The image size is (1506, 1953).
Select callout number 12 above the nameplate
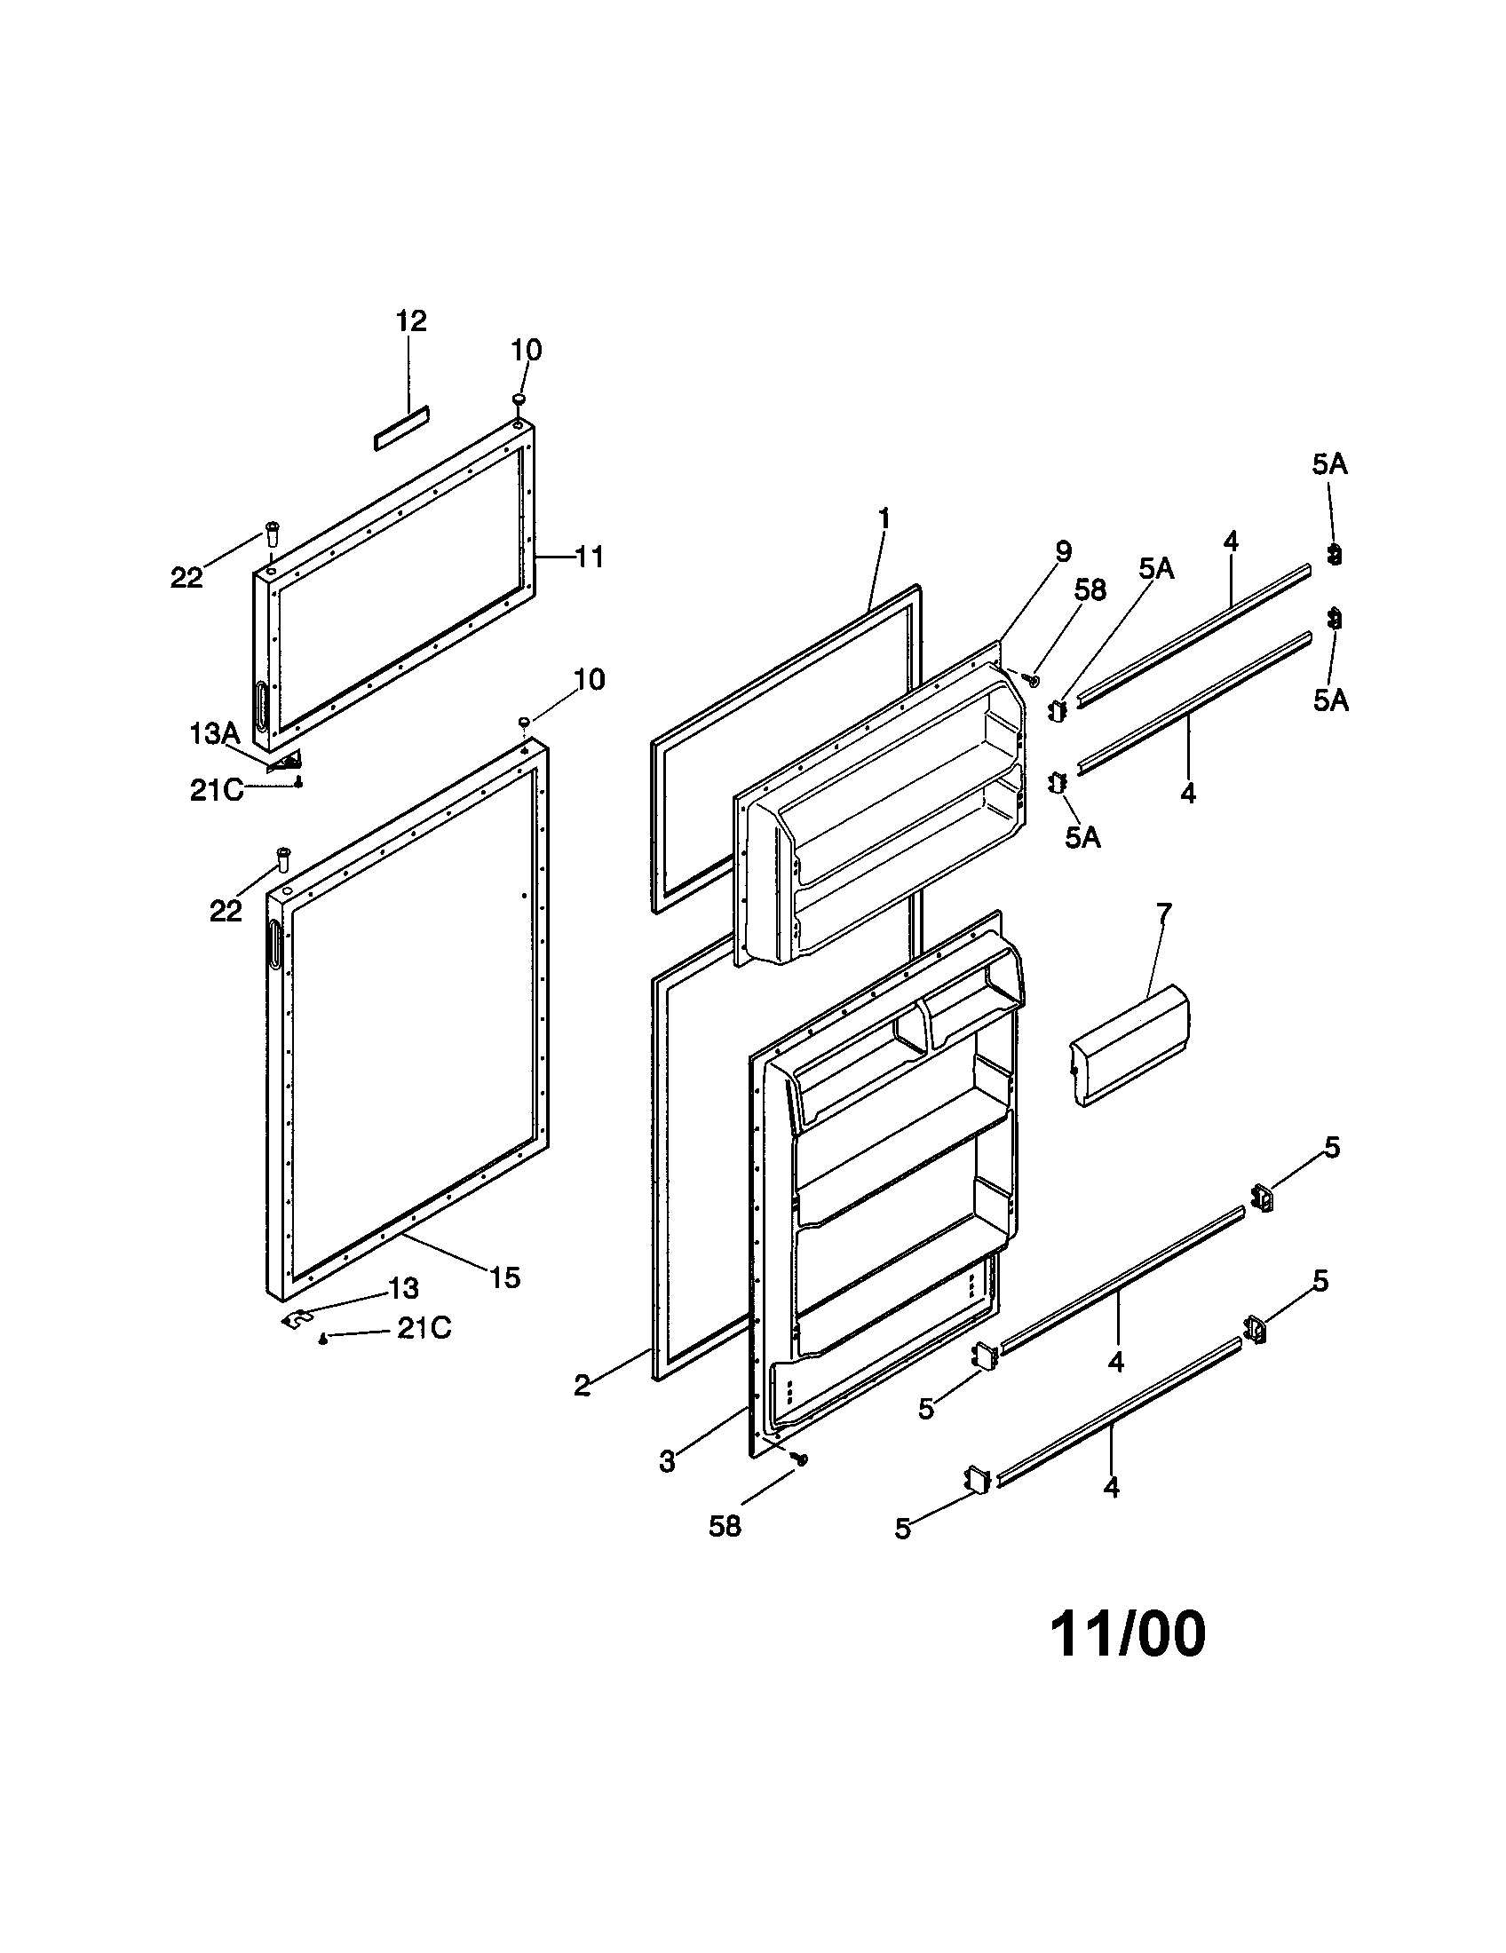point(410,321)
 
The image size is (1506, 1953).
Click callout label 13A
point(215,734)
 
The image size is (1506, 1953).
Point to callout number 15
point(504,1277)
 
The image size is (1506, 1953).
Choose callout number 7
point(1163,913)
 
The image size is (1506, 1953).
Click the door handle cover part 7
point(1129,1046)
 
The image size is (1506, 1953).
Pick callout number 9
point(1062,552)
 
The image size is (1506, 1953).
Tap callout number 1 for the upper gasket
point(884,519)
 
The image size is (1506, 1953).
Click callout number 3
point(667,1462)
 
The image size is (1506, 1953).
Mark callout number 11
point(589,557)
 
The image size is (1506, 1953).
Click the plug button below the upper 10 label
point(519,399)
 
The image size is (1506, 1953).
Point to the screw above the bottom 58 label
point(801,1459)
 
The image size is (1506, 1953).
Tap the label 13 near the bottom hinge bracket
point(403,1289)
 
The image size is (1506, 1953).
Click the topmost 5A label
point(1329,464)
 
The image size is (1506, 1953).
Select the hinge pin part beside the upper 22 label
point(270,536)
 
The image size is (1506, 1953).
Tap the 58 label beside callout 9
point(1090,589)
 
